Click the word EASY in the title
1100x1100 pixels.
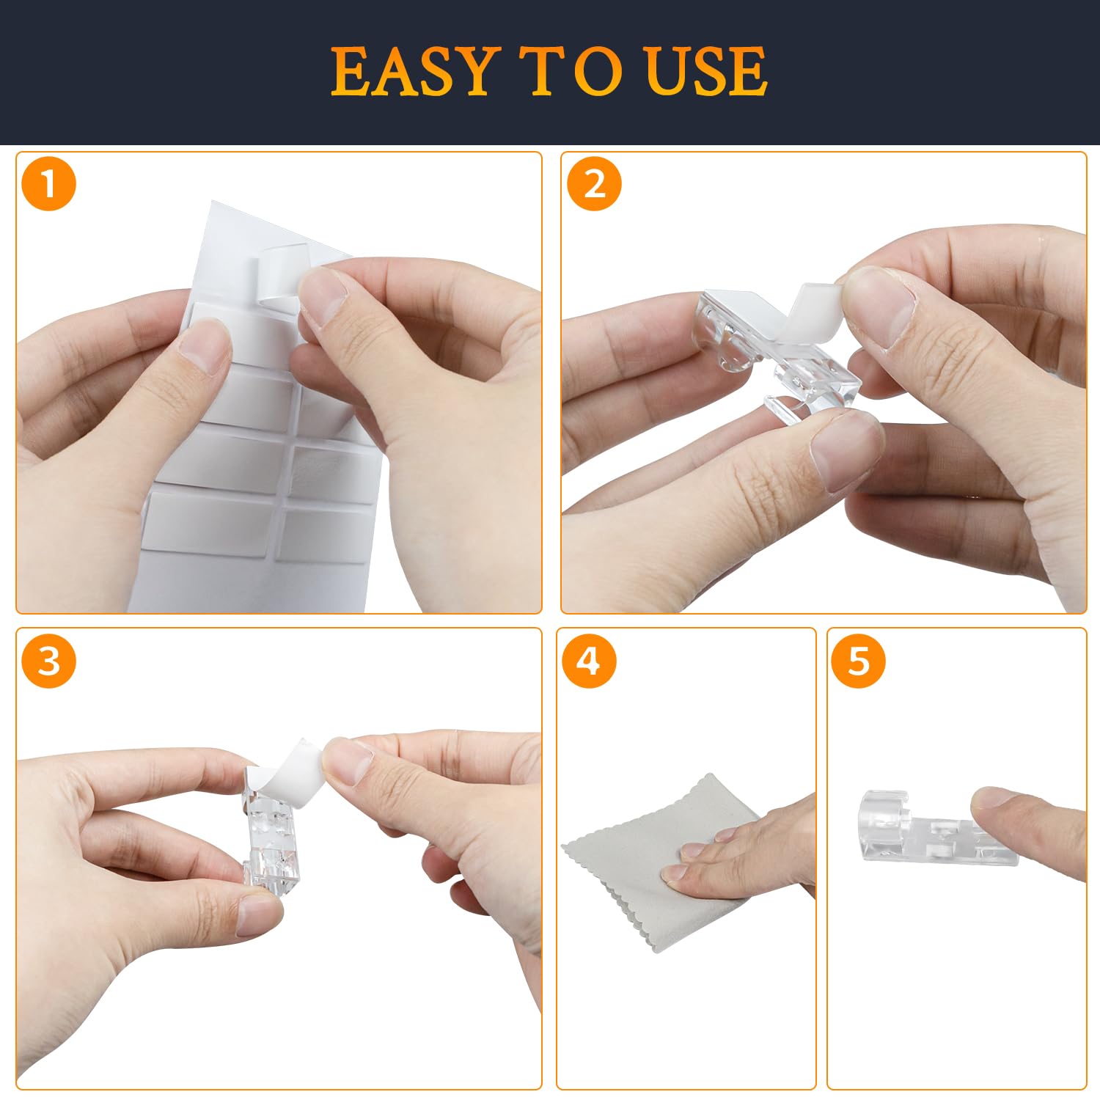point(413,71)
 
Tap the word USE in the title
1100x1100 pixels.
point(706,71)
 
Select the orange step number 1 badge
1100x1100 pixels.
point(48,184)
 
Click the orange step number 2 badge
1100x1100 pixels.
point(594,184)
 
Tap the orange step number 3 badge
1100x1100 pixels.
point(48,661)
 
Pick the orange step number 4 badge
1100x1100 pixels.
point(589,661)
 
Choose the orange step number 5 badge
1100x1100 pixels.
point(859,661)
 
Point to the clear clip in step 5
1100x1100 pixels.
point(924,836)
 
